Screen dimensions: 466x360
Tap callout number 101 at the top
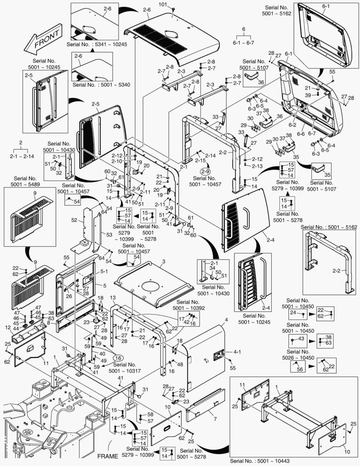pos(163,5)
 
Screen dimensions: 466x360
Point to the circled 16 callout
pos(118,357)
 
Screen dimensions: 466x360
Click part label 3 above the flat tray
pos(164,262)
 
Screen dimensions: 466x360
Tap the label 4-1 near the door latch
pos(237,352)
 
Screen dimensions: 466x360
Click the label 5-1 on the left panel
pos(103,272)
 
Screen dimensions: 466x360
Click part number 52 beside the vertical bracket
pos(74,220)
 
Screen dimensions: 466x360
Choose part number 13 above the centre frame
pos(113,298)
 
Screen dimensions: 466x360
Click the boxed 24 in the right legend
pos(292,312)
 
